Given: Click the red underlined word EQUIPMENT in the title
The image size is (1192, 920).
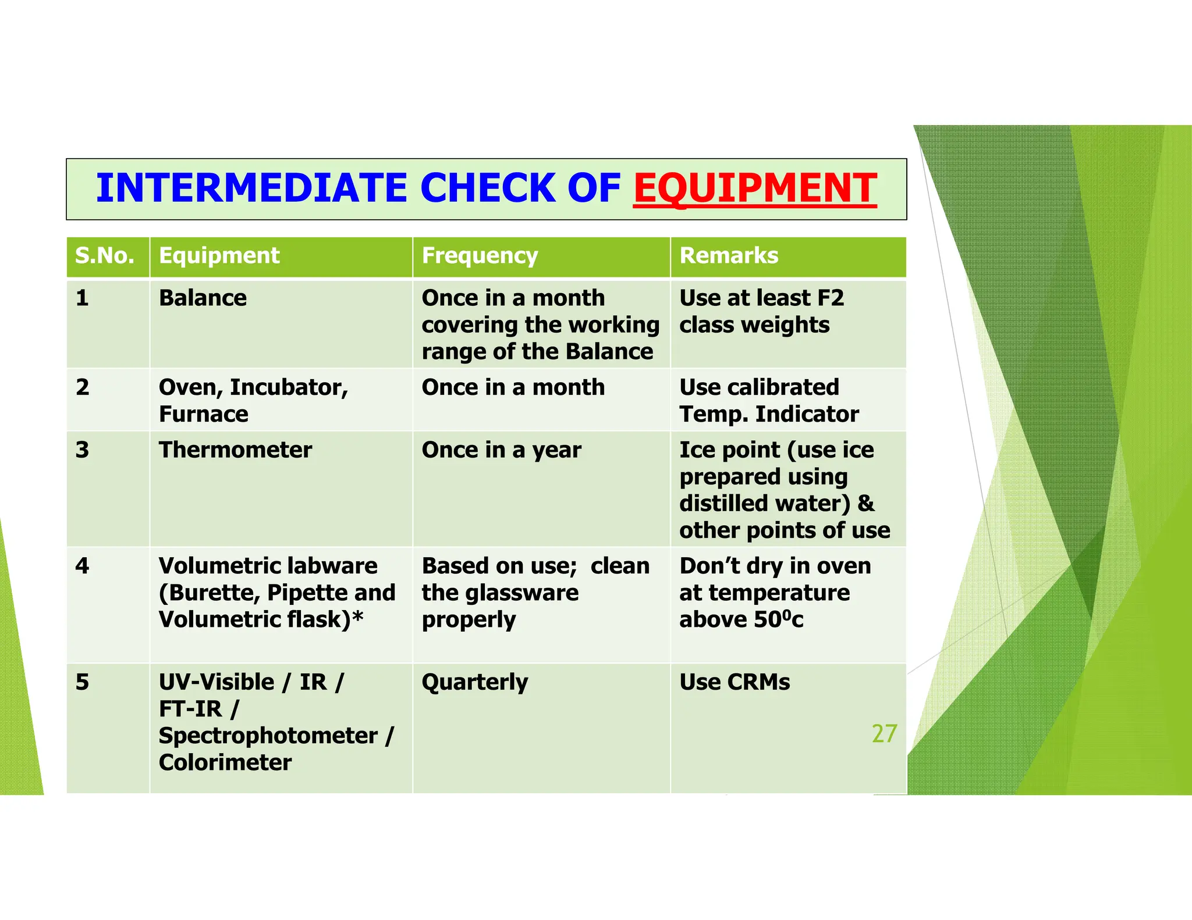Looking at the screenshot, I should pos(755,188).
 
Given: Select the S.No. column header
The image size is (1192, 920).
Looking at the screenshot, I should pos(105,256).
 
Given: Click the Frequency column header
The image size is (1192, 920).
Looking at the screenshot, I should pos(480,256).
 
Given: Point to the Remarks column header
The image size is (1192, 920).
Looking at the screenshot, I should pos(729,256).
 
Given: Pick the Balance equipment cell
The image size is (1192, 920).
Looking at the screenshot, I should pos(203,298).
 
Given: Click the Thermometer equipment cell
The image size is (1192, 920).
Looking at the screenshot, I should pos(235,450).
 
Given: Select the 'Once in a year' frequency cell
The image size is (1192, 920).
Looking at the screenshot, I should pos(501,450).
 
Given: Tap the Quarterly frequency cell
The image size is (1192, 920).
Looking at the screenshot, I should pos(475,682).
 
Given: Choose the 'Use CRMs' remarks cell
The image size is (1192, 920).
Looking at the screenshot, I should pos(735,682).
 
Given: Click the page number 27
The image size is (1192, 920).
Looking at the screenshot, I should pos(884,734).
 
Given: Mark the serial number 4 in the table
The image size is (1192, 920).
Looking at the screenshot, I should pos(83,566).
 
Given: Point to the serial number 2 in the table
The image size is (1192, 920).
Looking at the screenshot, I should pos(83,387).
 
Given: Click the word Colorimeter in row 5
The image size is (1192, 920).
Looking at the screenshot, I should pos(225,762).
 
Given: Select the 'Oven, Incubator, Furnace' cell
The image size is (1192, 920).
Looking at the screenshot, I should pos(253,401).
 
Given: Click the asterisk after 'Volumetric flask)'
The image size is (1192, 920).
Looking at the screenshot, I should pos(357,618).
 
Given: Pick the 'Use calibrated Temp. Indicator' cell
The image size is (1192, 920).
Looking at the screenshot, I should pos(769,401).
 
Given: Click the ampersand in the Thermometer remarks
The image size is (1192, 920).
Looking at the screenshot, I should pos(866,504).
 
